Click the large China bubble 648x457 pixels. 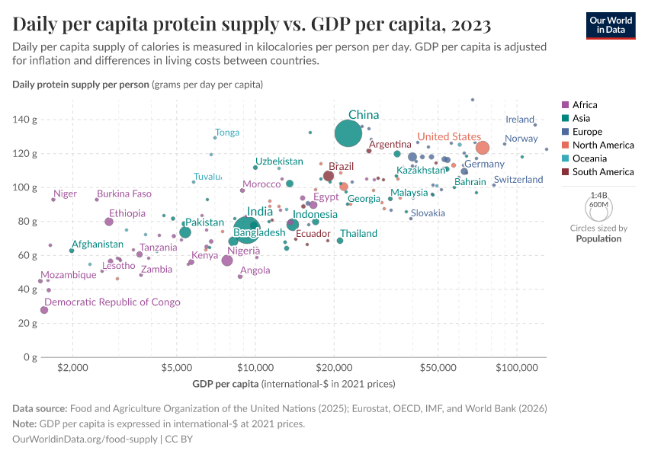pos(348,133)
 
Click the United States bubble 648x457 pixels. pos(483,148)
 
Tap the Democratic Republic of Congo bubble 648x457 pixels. pos(44,310)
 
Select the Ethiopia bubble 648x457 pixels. pos(109,222)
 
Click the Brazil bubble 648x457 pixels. pos(329,176)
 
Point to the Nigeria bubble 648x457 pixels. pos(227,260)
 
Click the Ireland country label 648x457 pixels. pos(520,120)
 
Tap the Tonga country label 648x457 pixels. pos(227,133)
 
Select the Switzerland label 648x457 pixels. pos(518,180)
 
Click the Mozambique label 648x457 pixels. pos(69,275)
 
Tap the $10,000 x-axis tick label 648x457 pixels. pos(255,368)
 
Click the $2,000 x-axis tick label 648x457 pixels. pos(72,368)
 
